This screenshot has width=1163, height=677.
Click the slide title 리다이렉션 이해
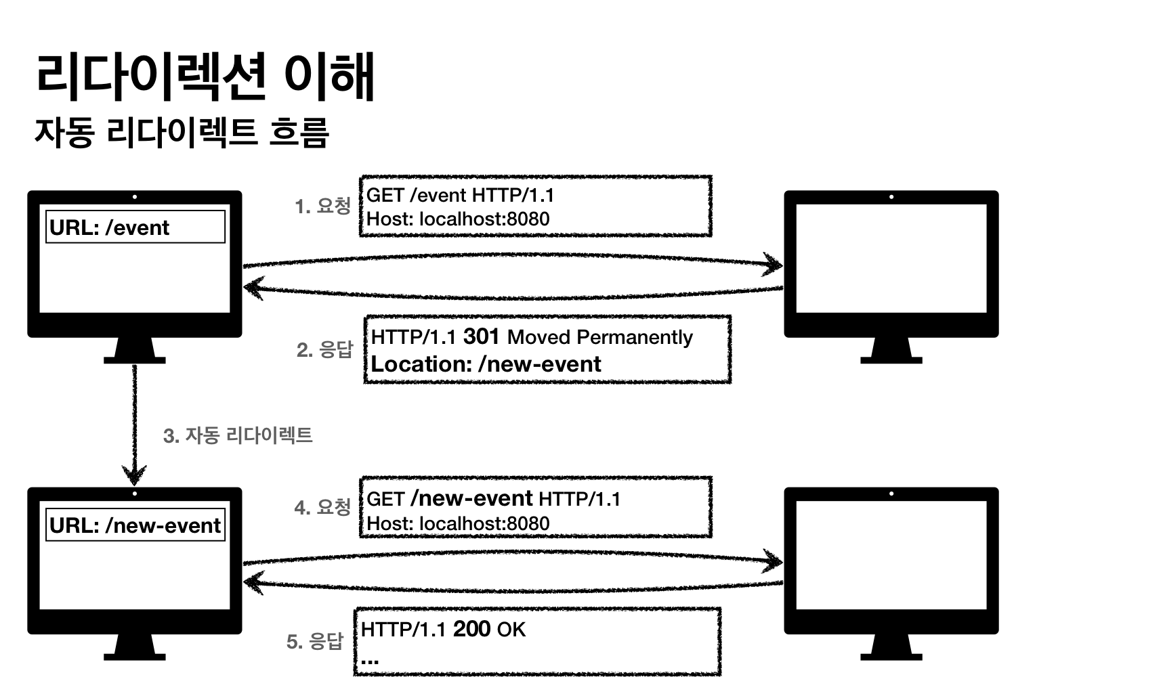click(x=205, y=75)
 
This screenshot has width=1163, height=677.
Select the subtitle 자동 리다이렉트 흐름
click(x=182, y=132)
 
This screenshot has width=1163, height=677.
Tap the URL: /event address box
click(x=135, y=227)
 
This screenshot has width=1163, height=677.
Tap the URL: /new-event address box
click(x=135, y=525)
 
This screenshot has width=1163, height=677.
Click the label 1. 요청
click(x=322, y=206)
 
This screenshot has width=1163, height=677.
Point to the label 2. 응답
click(x=324, y=349)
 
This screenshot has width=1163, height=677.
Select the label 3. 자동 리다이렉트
click(x=238, y=435)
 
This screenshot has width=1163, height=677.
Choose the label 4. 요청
click(x=322, y=507)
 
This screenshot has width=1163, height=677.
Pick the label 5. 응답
click(x=315, y=640)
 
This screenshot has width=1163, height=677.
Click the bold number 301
click(x=481, y=336)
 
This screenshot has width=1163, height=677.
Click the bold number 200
click(x=471, y=629)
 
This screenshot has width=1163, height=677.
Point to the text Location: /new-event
click(x=486, y=364)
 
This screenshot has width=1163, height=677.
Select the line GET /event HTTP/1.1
click(x=460, y=195)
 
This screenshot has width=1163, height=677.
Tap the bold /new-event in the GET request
click(x=471, y=498)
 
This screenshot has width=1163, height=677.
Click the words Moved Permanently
click(x=599, y=337)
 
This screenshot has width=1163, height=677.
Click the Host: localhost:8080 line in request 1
click(x=458, y=219)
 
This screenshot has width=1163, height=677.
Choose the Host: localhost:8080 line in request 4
click(x=458, y=523)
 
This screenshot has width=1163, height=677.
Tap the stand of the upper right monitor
click(x=891, y=350)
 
